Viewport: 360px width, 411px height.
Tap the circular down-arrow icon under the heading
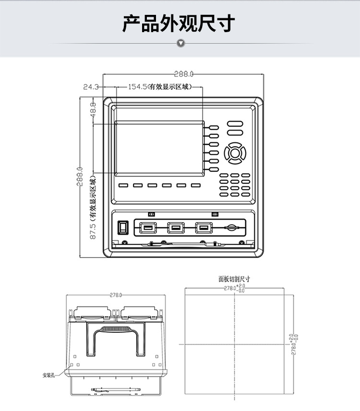click(x=180, y=44)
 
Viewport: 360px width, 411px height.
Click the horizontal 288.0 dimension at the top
click(x=183, y=74)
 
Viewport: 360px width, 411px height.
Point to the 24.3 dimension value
click(x=90, y=87)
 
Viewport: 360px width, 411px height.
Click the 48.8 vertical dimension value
click(x=93, y=108)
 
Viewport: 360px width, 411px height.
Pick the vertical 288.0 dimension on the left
click(x=80, y=176)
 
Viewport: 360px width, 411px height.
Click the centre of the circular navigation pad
click(x=236, y=153)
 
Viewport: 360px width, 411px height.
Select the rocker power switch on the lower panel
click(x=124, y=226)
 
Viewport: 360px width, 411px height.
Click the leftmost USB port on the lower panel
click(x=146, y=227)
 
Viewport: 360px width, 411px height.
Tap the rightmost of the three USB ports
click(x=204, y=227)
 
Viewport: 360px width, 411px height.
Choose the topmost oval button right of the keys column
click(x=235, y=123)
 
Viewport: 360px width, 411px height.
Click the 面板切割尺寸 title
click(x=234, y=279)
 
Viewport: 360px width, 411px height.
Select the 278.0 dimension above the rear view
click(x=116, y=295)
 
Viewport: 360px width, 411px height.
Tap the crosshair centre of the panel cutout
click(x=234, y=344)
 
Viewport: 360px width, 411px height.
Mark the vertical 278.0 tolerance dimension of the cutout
click(x=293, y=344)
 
